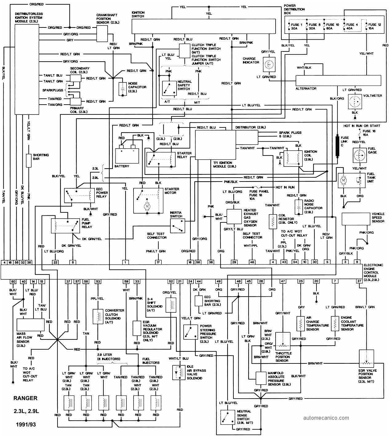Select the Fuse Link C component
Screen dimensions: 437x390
click(x=337, y=146)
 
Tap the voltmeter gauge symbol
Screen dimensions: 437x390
click(x=355, y=101)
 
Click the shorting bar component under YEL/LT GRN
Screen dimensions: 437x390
click(x=29, y=161)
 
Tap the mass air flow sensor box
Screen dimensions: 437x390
click(x=30, y=324)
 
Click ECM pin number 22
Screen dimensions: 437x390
click(x=55, y=262)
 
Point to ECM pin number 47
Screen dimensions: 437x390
click(x=283, y=281)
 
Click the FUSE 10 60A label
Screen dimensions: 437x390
click(x=332, y=27)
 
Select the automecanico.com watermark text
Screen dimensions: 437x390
click(x=326, y=418)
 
